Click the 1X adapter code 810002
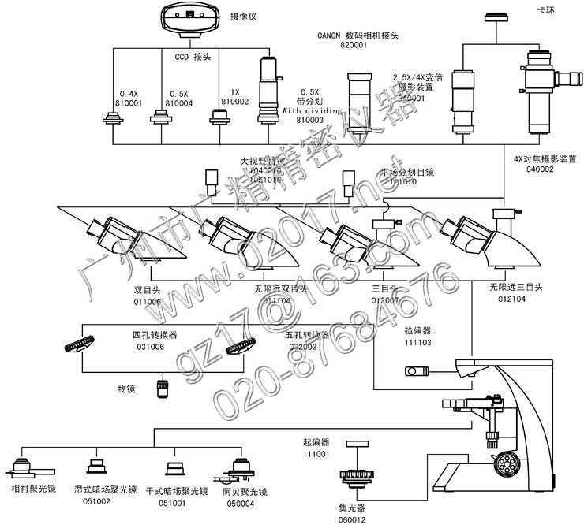[x=234, y=102]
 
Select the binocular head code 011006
[x=148, y=301]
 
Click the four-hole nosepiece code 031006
[x=150, y=346]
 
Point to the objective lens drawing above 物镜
[x=164, y=389]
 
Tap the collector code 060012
[x=352, y=519]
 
